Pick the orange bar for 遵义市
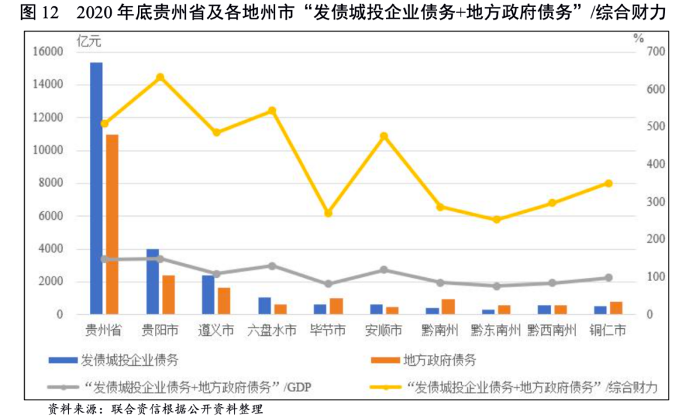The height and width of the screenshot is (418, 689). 224,301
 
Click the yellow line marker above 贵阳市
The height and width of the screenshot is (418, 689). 160,77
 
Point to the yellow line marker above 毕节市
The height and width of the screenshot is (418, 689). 329,213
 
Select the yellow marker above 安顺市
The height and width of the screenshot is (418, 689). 384,136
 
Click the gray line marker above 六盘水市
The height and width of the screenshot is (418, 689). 272,266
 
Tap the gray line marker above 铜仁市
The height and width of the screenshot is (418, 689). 608,278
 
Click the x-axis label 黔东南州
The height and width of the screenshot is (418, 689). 496,331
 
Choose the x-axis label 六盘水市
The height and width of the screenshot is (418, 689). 272,331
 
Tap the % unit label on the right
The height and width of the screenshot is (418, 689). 639,37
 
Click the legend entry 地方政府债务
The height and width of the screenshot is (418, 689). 439,360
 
